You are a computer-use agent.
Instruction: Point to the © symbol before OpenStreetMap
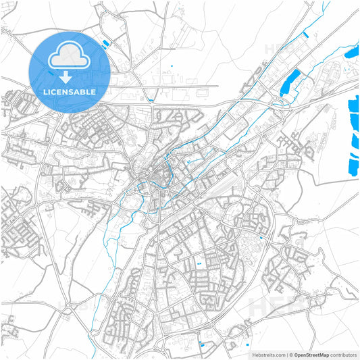[292, 354]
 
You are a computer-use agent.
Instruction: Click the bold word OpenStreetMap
[312, 354]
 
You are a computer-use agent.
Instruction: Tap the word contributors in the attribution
[344, 354]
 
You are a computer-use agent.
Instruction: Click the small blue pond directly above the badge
[105, 43]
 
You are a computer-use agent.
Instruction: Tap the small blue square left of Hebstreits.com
[203, 345]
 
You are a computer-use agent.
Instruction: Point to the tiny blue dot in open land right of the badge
[172, 66]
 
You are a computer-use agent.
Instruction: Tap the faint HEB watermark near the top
[277, 49]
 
